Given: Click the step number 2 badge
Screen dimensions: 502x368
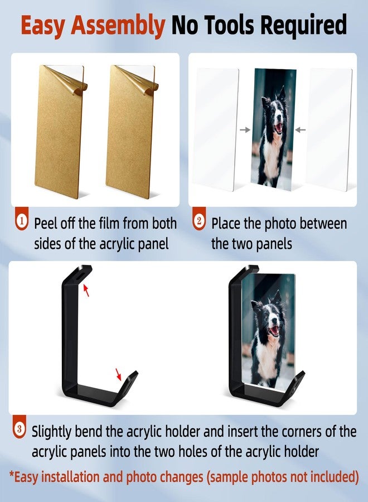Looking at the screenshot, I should click(x=199, y=222).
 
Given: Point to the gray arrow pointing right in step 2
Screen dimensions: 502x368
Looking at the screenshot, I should click(x=245, y=130).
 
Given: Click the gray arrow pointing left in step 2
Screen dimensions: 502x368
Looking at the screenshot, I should click(x=301, y=130).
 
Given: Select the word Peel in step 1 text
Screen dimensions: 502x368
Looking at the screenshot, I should click(x=47, y=224).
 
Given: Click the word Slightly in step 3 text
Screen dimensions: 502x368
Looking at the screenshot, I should click(x=55, y=432).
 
